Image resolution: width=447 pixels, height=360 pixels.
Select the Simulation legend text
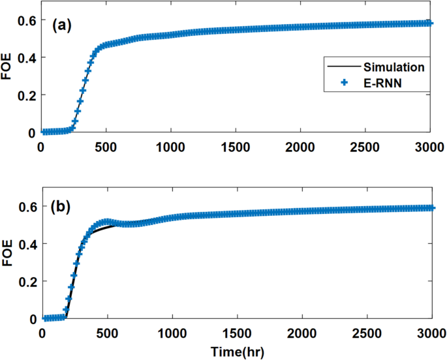tap(393, 67)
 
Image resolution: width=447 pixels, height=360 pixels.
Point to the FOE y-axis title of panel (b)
tap(7, 253)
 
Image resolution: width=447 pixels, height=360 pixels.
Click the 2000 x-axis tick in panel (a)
tap(301, 146)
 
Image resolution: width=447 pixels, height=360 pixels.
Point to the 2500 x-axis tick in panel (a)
tap(365, 146)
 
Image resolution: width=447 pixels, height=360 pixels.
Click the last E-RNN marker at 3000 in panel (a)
tap(429, 23)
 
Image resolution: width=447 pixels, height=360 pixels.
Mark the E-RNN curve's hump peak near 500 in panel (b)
tap(106, 222)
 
